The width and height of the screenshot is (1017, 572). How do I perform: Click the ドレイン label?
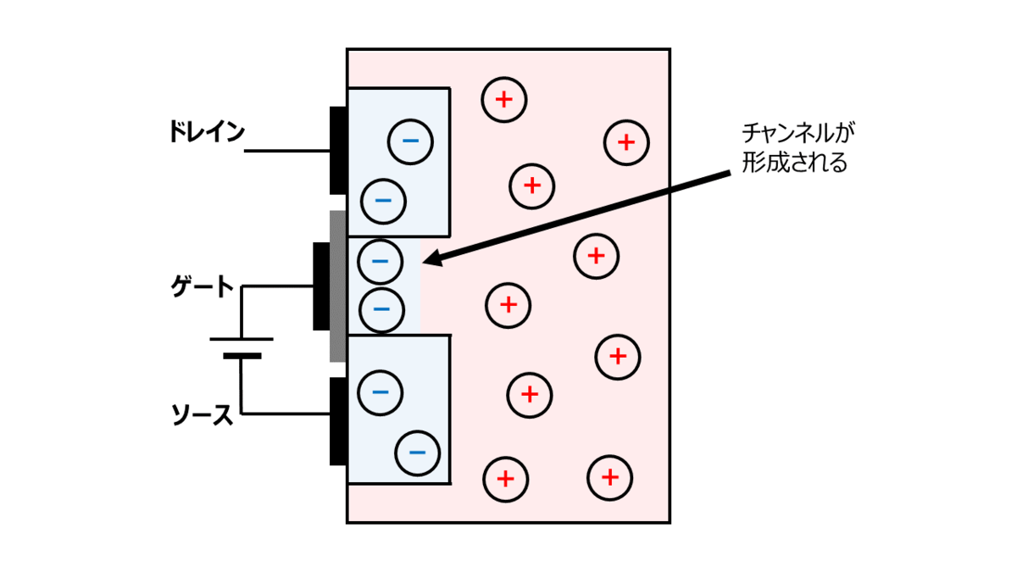pos(206,132)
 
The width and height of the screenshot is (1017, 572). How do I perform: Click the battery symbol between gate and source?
pos(242,347)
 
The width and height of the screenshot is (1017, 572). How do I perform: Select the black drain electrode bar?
pos(338,151)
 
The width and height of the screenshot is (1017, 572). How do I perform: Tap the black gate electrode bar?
pos(320,286)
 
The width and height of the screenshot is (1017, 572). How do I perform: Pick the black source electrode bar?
pos(338,421)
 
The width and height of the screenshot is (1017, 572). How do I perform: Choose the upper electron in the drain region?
pos(410,140)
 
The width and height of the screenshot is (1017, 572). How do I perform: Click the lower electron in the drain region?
pos(383,201)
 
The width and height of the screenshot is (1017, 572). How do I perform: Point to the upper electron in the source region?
pos(381,392)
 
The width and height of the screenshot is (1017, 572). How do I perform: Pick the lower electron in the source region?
pos(417,451)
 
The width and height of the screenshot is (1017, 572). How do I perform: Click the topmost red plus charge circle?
pos(504,100)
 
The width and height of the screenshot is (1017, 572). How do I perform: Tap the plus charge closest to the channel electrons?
pos(508,303)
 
